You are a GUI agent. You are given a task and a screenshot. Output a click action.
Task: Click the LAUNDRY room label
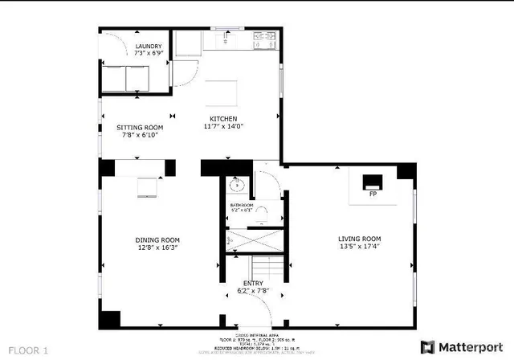pos(149,46)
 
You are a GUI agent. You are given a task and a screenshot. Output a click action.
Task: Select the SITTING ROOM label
pos(141,127)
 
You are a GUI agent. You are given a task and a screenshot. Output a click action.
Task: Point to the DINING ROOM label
pos(157,239)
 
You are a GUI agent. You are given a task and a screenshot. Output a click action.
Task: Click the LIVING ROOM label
pos(358,239)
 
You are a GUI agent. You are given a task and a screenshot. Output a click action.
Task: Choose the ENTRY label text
pos(254,283)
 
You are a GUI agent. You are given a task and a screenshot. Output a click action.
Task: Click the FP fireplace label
pos(373,194)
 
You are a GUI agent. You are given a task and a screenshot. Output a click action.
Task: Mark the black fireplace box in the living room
pos(373,181)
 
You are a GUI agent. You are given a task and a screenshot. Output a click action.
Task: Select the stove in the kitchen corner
pos(265,35)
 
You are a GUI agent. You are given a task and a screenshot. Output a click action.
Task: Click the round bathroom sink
pos(237,185)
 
